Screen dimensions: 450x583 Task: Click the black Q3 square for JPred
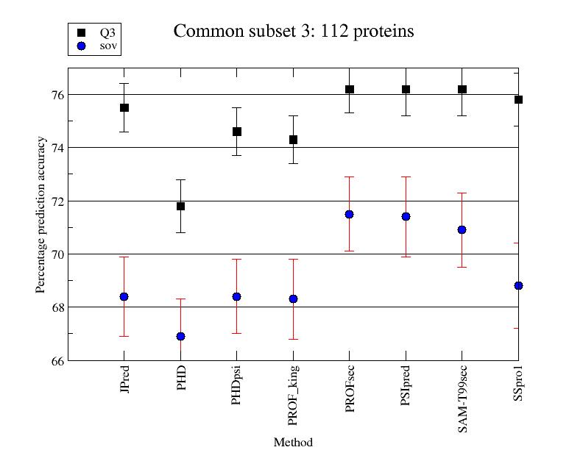point(124,107)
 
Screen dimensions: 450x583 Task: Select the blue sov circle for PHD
point(180,336)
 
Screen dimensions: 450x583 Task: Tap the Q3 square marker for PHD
point(180,206)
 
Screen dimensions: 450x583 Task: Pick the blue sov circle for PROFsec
point(350,214)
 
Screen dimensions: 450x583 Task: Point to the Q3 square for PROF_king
point(293,139)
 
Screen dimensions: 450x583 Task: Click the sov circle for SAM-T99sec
point(462,229)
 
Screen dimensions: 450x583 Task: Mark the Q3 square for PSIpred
point(406,89)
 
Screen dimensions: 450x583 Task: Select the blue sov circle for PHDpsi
point(237,296)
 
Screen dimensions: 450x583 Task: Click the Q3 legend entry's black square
point(81,32)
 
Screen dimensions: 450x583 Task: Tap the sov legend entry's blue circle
point(81,46)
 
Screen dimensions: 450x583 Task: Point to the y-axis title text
point(41,214)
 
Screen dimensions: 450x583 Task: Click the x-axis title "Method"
point(293,442)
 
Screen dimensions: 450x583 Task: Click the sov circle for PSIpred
point(406,216)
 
